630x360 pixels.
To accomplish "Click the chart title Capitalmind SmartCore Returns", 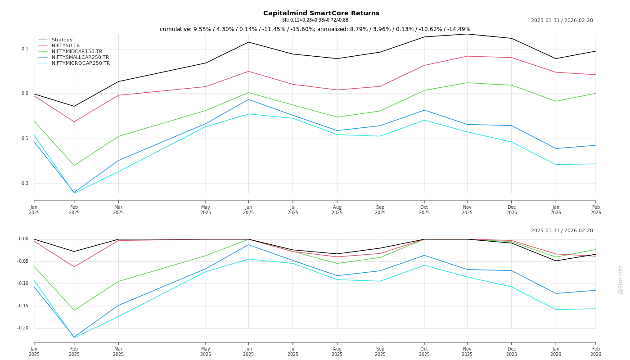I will (x=321, y=13).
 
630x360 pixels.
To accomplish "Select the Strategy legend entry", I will (x=62, y=40).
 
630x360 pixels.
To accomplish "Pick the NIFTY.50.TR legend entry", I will (x=66, y=46).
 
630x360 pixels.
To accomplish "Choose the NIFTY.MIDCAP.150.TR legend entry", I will (x=77, y=52).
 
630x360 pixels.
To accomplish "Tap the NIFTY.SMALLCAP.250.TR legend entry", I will (x=80, y=58).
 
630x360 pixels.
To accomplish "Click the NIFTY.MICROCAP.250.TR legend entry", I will (x=81, y=63).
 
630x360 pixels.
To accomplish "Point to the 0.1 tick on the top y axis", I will (x=25, y=49).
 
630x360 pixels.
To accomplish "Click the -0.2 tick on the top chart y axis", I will (x=24, y=184).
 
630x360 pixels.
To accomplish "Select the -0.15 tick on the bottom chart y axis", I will (x=22, y=306).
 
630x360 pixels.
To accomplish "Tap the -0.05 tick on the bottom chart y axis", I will (x=22, y=261).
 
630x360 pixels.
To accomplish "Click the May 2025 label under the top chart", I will (x=206, y=210).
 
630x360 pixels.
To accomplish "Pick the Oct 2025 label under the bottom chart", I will (x=424, y=351).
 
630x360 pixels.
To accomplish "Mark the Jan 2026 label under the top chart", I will (x=556, y=210).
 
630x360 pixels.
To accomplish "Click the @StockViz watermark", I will (x=621, y=279).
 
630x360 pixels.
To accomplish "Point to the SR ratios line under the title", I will (x=315, y=20).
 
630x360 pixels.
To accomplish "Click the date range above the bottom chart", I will (x=562, y=231).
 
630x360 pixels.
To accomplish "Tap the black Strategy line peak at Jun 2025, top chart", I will (x=248, y=42).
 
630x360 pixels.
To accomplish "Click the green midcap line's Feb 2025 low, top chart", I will (x=74, y=166).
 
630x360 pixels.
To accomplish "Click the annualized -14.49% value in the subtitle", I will (x=459, y=29).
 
